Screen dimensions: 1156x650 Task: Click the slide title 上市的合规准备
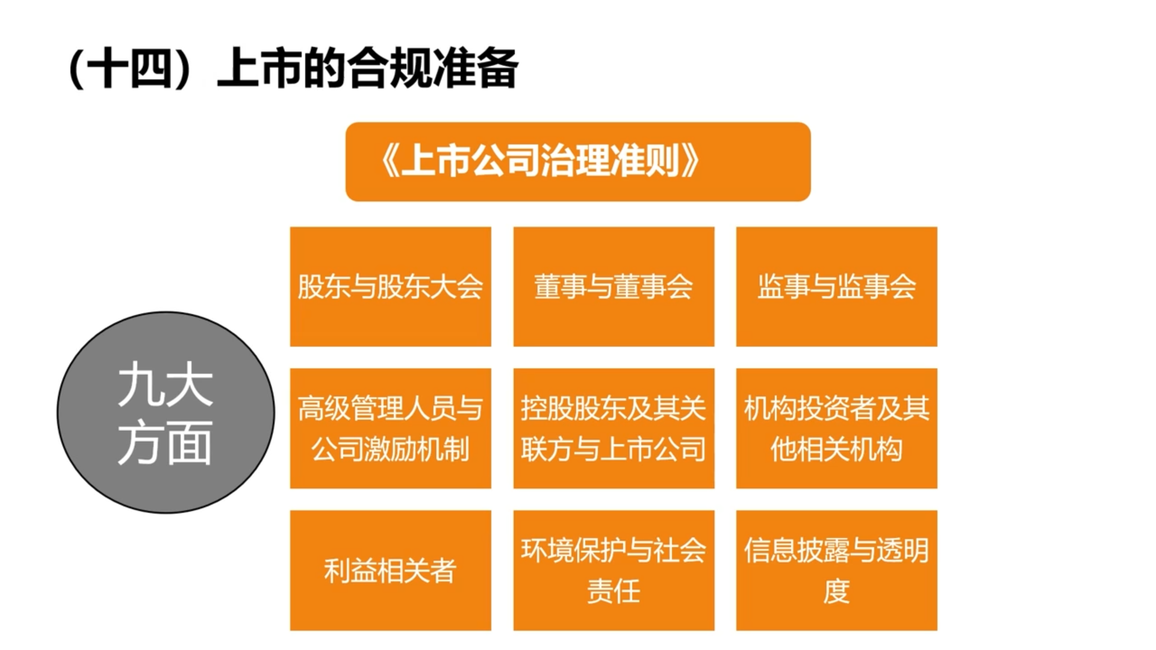point(367,68)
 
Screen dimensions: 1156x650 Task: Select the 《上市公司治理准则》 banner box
point(578,162)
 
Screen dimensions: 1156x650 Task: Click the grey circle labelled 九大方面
point(166,412)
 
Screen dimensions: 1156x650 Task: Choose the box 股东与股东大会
point(391,286)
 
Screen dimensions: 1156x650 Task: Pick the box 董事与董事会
point(614,286)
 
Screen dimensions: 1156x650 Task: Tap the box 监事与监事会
point(837,286)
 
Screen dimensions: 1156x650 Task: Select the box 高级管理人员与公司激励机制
point(391,429)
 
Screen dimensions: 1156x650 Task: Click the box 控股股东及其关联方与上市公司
point(614,429)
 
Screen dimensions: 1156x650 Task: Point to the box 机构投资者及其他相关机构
point(837,429)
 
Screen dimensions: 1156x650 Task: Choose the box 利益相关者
point(391,571)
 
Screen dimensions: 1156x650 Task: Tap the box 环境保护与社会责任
point(614,571)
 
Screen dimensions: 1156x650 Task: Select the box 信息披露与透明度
point(837,571)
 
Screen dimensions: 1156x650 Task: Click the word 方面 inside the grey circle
point(165,443)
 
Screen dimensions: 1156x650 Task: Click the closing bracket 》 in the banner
point(689,161)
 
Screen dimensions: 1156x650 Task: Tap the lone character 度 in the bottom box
point(837,591)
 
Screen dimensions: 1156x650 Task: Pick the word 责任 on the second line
point(614,591)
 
